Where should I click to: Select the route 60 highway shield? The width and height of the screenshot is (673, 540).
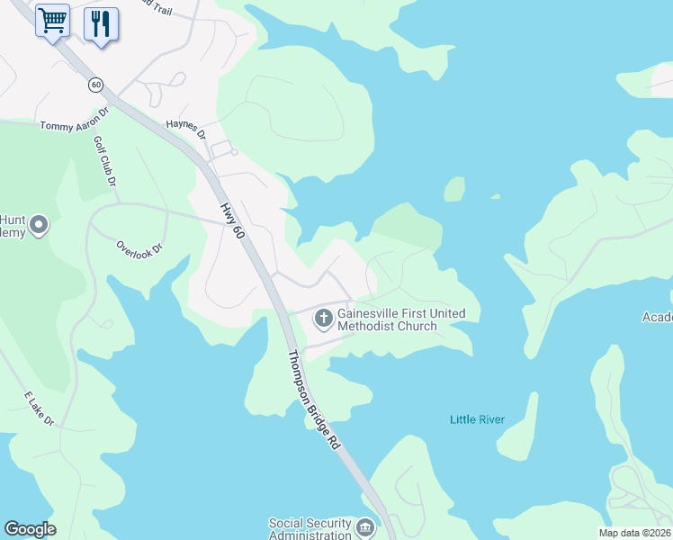95,85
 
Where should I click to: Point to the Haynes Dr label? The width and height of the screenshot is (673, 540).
186,127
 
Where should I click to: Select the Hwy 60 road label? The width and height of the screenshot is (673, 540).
232,220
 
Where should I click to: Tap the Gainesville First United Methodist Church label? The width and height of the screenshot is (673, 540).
401,319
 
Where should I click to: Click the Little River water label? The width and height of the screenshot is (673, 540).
477,419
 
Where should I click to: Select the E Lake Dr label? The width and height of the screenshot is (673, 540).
40,409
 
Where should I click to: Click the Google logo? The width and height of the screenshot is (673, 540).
30,529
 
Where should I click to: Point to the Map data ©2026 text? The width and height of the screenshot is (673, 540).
634,533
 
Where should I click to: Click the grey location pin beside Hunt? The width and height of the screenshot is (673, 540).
38,225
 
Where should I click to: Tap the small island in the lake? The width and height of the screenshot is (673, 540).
454,189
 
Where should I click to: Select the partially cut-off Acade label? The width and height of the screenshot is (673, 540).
657,317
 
